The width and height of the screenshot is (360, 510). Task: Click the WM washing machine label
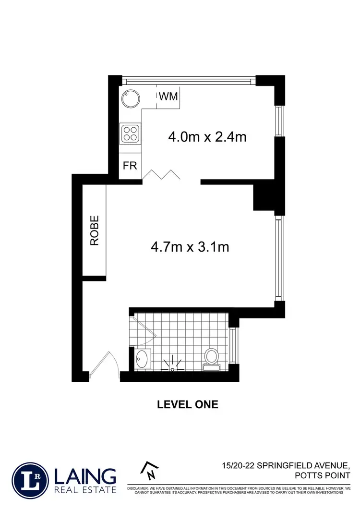click(168, 97)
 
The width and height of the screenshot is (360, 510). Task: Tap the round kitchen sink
click(131, 100)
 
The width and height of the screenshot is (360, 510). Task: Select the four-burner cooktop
click(130, 133)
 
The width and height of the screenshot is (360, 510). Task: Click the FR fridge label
click(130, 166)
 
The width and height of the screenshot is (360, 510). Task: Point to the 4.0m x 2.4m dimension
click(207, 137)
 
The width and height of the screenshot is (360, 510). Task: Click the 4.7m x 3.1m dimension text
click(190, 247)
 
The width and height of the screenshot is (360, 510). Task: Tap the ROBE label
click(95, 231)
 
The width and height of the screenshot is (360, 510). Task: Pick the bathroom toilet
click(211, 359)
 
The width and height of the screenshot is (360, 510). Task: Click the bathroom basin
click(142, 359)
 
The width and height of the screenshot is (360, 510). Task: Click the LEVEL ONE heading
click(188, 404)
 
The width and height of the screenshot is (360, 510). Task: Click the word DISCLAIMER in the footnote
click(140, 488)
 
